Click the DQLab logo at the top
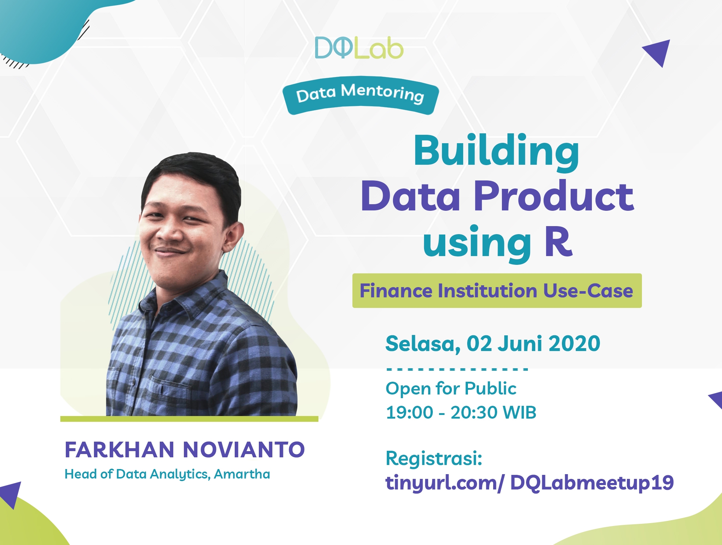tap(359, 48)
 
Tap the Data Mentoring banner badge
tap(360, 95)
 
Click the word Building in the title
tap(496, 152)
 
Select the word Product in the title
tap(553, 196)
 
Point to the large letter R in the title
tap(558, 241)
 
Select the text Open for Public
tap(451, 388)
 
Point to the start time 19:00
tap(409, 412)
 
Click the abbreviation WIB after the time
tap(519, 412)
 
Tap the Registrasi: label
tap(434, 458)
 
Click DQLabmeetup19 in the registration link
tap(592, 483)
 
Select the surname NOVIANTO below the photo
tap(243, 450)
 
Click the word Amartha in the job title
tap(242, 474)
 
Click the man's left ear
tap(234, 236)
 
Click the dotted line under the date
tap(457, 369)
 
